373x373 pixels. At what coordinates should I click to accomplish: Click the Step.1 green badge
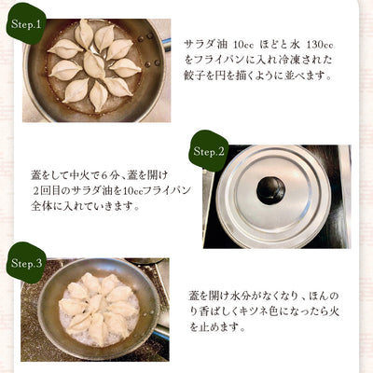click(26, 25)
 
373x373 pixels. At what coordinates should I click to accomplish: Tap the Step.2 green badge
click(209, 151)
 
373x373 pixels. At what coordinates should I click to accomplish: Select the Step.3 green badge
click(26, 263)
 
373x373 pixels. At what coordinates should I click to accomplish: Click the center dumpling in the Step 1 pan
click(94, 64)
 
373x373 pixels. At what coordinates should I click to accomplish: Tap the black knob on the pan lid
click(270, 190)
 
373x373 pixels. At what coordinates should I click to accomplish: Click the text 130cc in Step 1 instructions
click(320, 45)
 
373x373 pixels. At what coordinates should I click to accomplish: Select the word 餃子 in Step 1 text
click(194, 76)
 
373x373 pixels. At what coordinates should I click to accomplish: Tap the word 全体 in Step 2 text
click(41, 206)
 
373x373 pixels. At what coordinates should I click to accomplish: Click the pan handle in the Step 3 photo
click(161, 333)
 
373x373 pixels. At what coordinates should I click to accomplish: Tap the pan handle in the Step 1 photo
click(166, 42)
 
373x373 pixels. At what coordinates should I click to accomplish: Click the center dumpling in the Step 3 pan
click(96, 302)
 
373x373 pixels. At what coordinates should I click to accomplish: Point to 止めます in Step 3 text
click(220, 326)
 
